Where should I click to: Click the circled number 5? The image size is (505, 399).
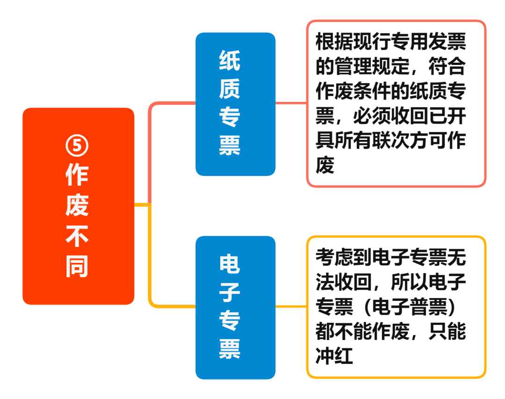click(77, 146)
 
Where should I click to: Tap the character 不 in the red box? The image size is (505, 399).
click(77, 237)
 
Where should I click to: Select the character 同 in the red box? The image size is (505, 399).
click(77, 267)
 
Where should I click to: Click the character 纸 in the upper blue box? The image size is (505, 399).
click(230, 61)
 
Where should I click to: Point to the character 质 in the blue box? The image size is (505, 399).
click(230, 88)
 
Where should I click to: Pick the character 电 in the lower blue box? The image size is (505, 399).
click(230, 264)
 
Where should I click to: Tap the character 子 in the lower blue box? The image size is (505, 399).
click(230, 292)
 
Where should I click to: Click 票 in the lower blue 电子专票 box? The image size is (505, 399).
click(230, 348)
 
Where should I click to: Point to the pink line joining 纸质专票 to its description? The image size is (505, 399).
click(291, 102)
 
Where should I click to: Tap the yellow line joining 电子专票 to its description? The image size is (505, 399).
click(291, 306)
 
